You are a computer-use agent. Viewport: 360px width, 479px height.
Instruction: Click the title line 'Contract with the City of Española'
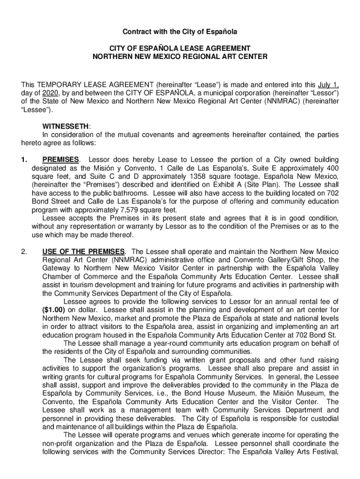pos(180,32)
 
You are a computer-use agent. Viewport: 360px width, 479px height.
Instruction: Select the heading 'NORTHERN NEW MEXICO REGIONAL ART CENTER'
pos(180,57)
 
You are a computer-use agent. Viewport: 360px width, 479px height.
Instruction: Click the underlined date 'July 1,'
pos(328,85)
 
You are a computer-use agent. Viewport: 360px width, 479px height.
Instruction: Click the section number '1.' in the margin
pos(25,160)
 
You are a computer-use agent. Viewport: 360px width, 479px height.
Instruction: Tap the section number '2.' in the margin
pos(25,251)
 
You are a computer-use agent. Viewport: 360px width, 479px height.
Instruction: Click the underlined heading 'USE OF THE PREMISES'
pos(84,251)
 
